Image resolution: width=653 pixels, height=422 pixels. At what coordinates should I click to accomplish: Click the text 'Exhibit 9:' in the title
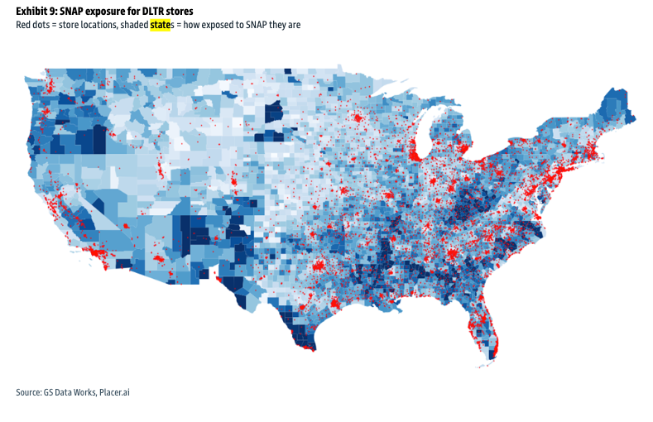[x=36, y=12]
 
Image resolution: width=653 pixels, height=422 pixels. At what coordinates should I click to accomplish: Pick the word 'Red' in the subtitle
[x=24, y=25]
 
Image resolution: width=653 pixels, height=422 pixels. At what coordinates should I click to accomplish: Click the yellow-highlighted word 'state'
[x=160, y=25]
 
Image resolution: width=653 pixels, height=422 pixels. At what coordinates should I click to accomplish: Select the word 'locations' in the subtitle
[x=98, y=25]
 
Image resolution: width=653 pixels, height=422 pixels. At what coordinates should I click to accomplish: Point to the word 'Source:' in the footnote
[x=29, y=391]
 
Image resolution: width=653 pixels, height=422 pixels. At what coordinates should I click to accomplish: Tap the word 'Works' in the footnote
[x=84, y=391]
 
